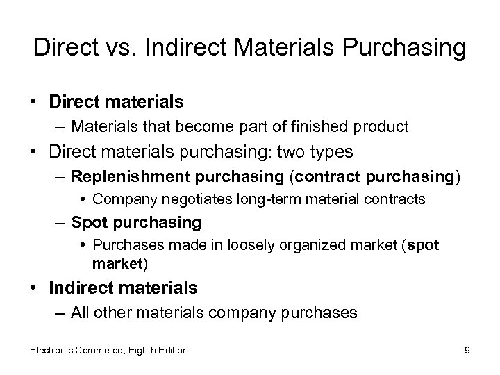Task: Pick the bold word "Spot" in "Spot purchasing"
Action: tap(88, 222)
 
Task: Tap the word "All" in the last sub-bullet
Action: tap(79, 312)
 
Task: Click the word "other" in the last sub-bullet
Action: tap(110, 312)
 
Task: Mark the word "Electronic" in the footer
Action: tap(53, 350)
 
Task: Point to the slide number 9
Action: tap(467, 350)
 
